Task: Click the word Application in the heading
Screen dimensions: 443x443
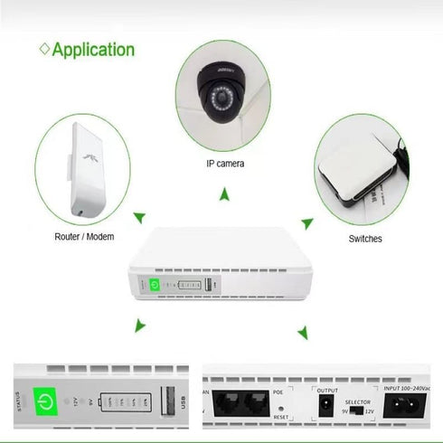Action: tap(93, 49)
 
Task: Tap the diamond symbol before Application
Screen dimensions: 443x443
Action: tap(42, 49)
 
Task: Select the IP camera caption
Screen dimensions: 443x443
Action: tap(224, 164)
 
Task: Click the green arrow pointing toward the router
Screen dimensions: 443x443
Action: tap(138, 217)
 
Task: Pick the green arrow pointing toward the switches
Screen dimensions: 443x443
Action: tap(307, 221)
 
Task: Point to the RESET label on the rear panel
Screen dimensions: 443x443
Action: tap(280, 419)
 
